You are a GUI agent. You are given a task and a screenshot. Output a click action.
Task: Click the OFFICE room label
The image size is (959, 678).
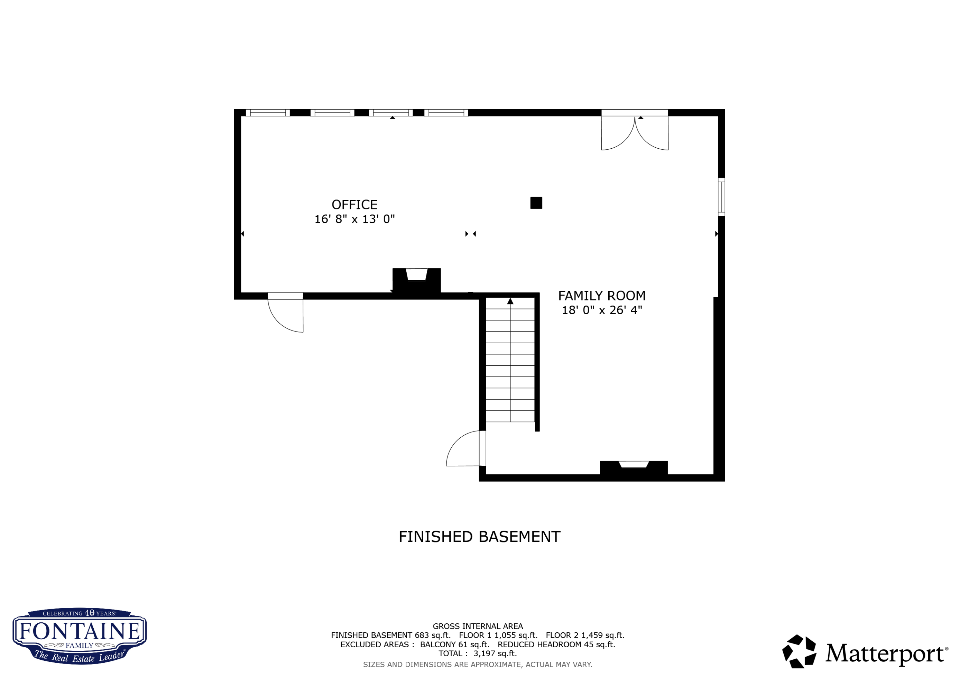point(354,205)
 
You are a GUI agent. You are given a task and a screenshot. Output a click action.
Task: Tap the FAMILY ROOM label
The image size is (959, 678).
point(602,296)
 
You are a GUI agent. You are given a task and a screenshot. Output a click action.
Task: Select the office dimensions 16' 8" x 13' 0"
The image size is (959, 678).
point(354,219)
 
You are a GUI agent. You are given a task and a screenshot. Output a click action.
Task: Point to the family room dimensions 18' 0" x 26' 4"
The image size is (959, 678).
point(602,310)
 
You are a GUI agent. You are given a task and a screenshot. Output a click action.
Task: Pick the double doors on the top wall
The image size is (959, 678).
point(635,132)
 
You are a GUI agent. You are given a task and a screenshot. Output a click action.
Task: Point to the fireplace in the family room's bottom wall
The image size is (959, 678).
point(633,468)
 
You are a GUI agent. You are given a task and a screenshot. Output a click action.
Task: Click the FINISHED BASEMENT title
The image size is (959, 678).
point(479,537)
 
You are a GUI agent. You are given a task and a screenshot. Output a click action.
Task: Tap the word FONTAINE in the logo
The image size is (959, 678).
point(79,631)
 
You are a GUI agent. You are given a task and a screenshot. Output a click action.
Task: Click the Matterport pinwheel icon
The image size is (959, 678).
point(799,652)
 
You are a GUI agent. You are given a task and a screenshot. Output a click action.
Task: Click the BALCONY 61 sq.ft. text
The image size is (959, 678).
point(455,644)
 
